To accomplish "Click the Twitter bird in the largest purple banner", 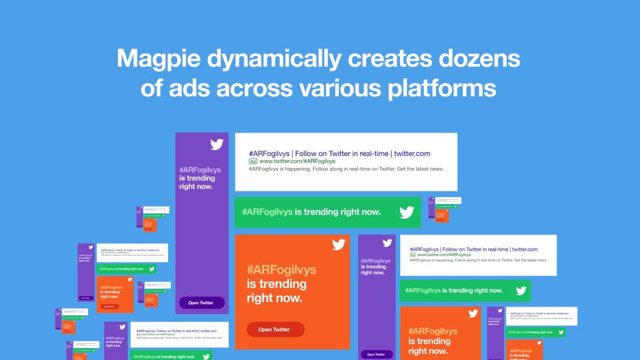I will (x=217, y=144).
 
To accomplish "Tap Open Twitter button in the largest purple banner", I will (x=201, y=303).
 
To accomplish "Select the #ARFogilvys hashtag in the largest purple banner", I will (x=200, y=170).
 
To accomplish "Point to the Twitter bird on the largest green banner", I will (x=407, y=213).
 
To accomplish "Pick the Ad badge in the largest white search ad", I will (x=253, y=161).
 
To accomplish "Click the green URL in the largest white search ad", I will (x=297, y=161).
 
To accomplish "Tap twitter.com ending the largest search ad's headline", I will (x=412, y=153).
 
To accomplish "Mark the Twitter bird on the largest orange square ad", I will (x=339, y=244).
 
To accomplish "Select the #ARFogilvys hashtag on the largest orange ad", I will (x=281, y=270).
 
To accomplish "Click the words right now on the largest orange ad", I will (x=275, y=298).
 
